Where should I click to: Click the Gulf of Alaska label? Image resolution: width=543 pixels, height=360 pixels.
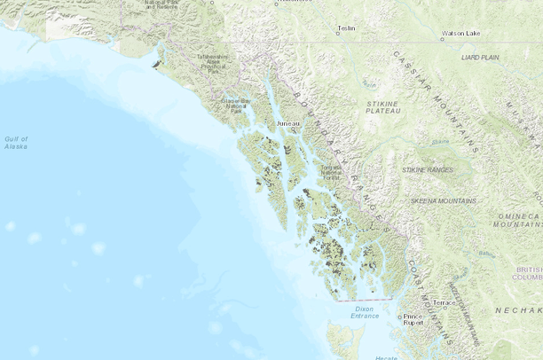(x=15, y=143)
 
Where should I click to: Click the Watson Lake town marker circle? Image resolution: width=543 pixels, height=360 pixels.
(x=442, y=39)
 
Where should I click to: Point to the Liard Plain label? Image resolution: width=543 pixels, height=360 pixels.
(x=479, y=57)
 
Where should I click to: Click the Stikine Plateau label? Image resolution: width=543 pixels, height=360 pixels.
(x=383, y=107)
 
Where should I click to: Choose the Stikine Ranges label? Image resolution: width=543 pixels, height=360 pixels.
(x=428, y=168)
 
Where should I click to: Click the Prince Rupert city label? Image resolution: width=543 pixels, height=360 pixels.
(x=413, y=320)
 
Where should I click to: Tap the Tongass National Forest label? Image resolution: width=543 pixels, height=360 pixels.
(x=331, y=171)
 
